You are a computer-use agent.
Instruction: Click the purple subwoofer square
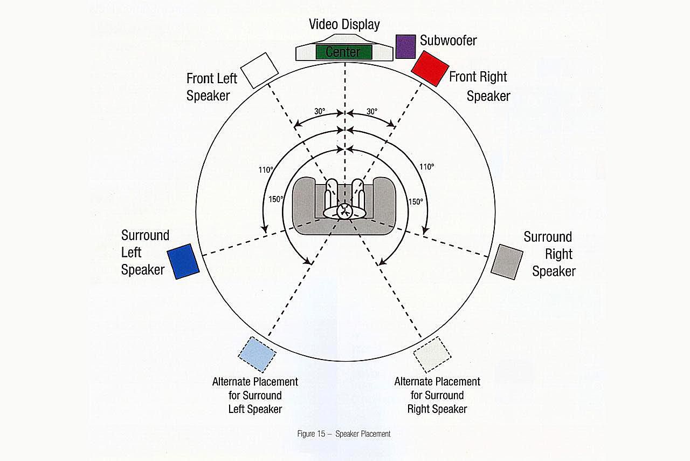tap(405, 46)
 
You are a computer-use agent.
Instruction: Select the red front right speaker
tap(430, 68)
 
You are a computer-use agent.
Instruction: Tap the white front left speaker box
tap(259, 70)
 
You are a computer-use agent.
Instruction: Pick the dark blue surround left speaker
tap(183, 261)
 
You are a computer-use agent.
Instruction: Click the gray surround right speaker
tap(507, 261)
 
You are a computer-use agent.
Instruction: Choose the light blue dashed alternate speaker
tap(257, 354)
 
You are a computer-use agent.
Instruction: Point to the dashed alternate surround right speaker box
tap(432, 354)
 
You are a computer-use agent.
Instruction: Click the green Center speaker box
tap(343, 52)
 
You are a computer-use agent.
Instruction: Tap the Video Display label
tap(344, 24)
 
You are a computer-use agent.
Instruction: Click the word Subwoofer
tap(448, 40)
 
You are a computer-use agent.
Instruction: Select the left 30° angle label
tap(320, 111)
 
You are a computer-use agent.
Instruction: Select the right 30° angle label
tap(372, 111)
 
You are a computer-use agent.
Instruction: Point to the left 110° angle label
tap(266, 170)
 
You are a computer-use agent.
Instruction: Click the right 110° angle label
tap(426, 167)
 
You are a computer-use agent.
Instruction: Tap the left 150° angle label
tap(276, 199)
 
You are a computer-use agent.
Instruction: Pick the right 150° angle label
tap(415, 201)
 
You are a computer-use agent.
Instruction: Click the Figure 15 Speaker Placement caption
tap(343, 433)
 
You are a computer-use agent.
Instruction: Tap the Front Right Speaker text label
tap(479, 86)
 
